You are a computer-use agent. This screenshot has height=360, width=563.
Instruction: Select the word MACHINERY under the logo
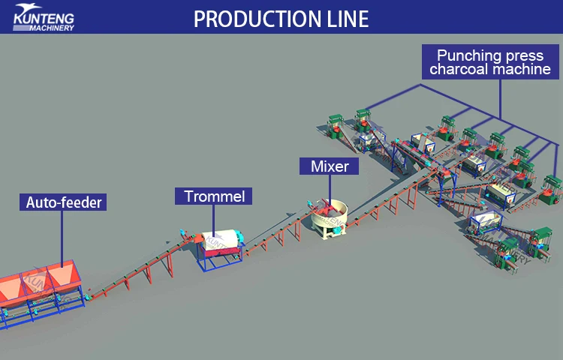54,28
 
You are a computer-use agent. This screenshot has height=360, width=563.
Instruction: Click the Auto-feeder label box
63,202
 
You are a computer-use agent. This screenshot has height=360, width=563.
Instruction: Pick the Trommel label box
213,196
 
